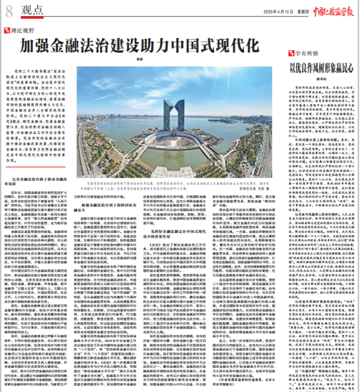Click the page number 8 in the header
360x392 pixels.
click(10, 11)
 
